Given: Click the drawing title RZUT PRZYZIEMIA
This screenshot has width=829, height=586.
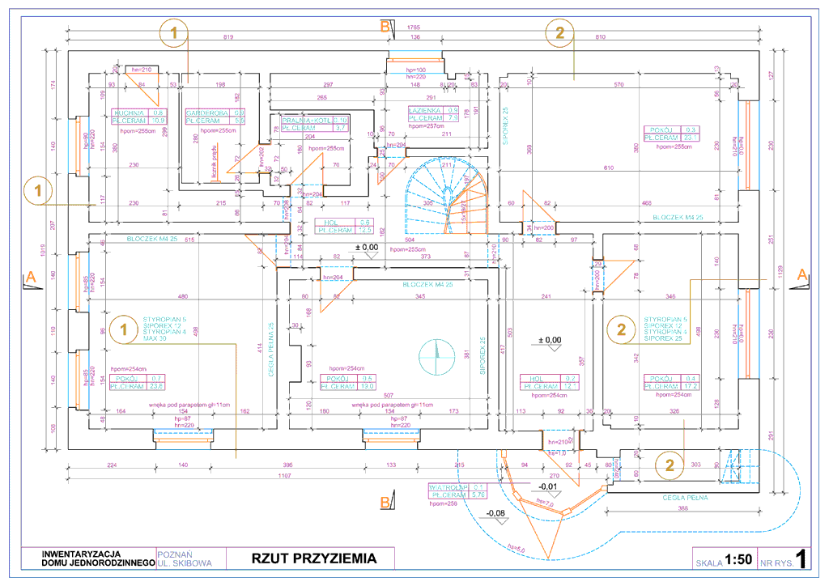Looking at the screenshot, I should click(x=313, y=558).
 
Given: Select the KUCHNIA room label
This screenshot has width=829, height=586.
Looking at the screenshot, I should click(x=129, y=113).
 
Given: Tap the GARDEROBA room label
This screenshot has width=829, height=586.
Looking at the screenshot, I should click(x=204, y=113).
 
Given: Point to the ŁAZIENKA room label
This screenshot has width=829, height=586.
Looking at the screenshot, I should click(x=424, y=109).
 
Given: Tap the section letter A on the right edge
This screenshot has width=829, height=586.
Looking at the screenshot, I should click(x=802, y=274).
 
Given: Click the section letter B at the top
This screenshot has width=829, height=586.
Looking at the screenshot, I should click(x=385, y=26).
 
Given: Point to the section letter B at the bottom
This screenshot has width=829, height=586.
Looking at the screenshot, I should click(x=385, y=503).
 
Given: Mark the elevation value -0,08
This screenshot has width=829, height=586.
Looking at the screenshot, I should click(x=495, y=513).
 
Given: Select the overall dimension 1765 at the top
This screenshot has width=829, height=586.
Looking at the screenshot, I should click(x=413, y=28).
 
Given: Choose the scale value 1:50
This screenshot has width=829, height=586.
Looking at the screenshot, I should click(x=738, y=559).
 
